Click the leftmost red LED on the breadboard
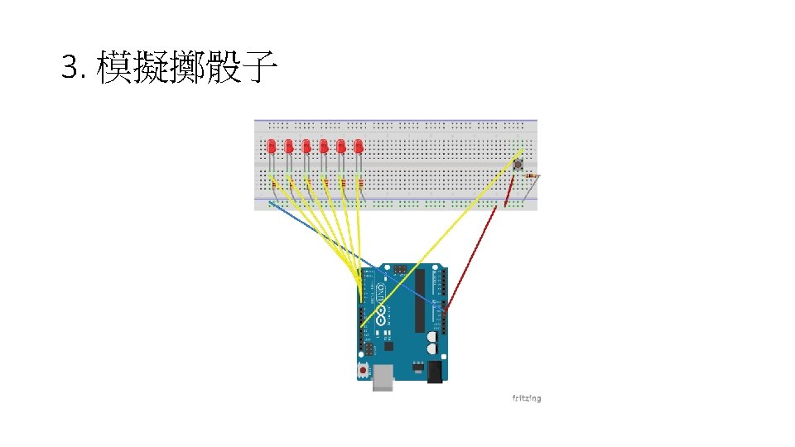pos(272,147)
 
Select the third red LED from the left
pos(306,147)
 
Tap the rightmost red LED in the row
pos(359,147)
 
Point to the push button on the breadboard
pos(518,166)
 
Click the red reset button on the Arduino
pos(363,369)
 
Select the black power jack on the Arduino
pos(436,373)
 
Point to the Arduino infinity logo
pos(382,315)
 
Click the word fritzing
pos(526,398)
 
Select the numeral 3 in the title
pos(69,67)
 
